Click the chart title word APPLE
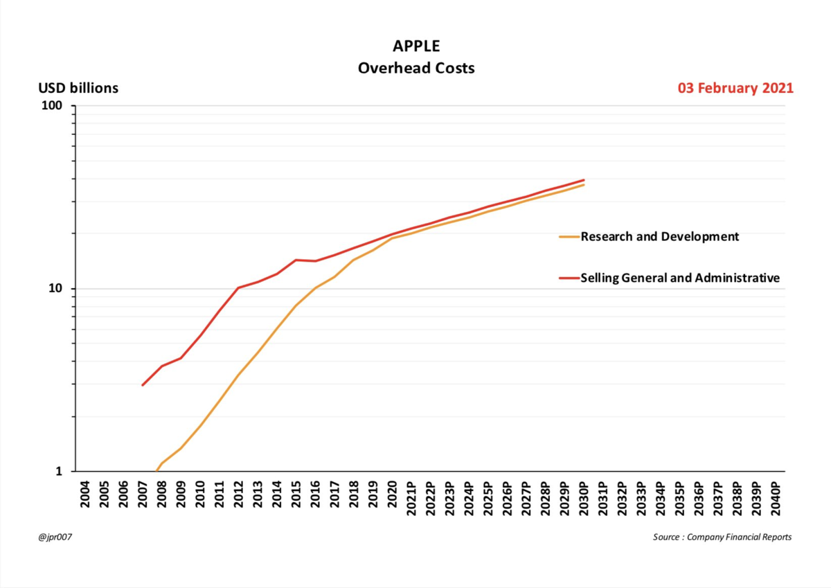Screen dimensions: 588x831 pos(415,47)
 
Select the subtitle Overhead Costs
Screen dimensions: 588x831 pos(415,69)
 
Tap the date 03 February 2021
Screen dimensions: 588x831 pos(735,88)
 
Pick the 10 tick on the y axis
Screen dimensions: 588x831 pos(55,289)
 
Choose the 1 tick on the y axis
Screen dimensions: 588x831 pos(59,472)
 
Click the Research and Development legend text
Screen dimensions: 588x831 pos(660,237)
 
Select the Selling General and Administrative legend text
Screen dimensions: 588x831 pos(680,278)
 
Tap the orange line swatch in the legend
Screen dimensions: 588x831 pos(569,237)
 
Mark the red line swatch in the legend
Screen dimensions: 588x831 pos(569,278)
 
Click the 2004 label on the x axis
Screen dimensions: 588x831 pos(85,495)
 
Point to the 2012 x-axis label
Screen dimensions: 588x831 pos(238,495)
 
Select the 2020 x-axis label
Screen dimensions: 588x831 pos(391,495)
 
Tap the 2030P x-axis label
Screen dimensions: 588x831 pos(583,497)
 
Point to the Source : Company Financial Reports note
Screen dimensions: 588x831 pos(722,537)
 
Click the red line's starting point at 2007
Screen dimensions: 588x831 pos(143,385)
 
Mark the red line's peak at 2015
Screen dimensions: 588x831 pos(296,260)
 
